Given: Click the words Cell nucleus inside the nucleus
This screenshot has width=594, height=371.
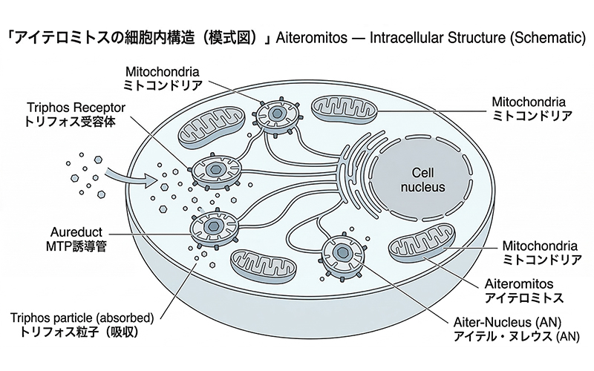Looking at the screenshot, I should coord(418,180).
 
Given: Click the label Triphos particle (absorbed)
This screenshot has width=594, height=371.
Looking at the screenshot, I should coord(82,318).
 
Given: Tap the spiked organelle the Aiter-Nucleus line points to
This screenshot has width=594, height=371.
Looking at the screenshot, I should coord(342,253).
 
